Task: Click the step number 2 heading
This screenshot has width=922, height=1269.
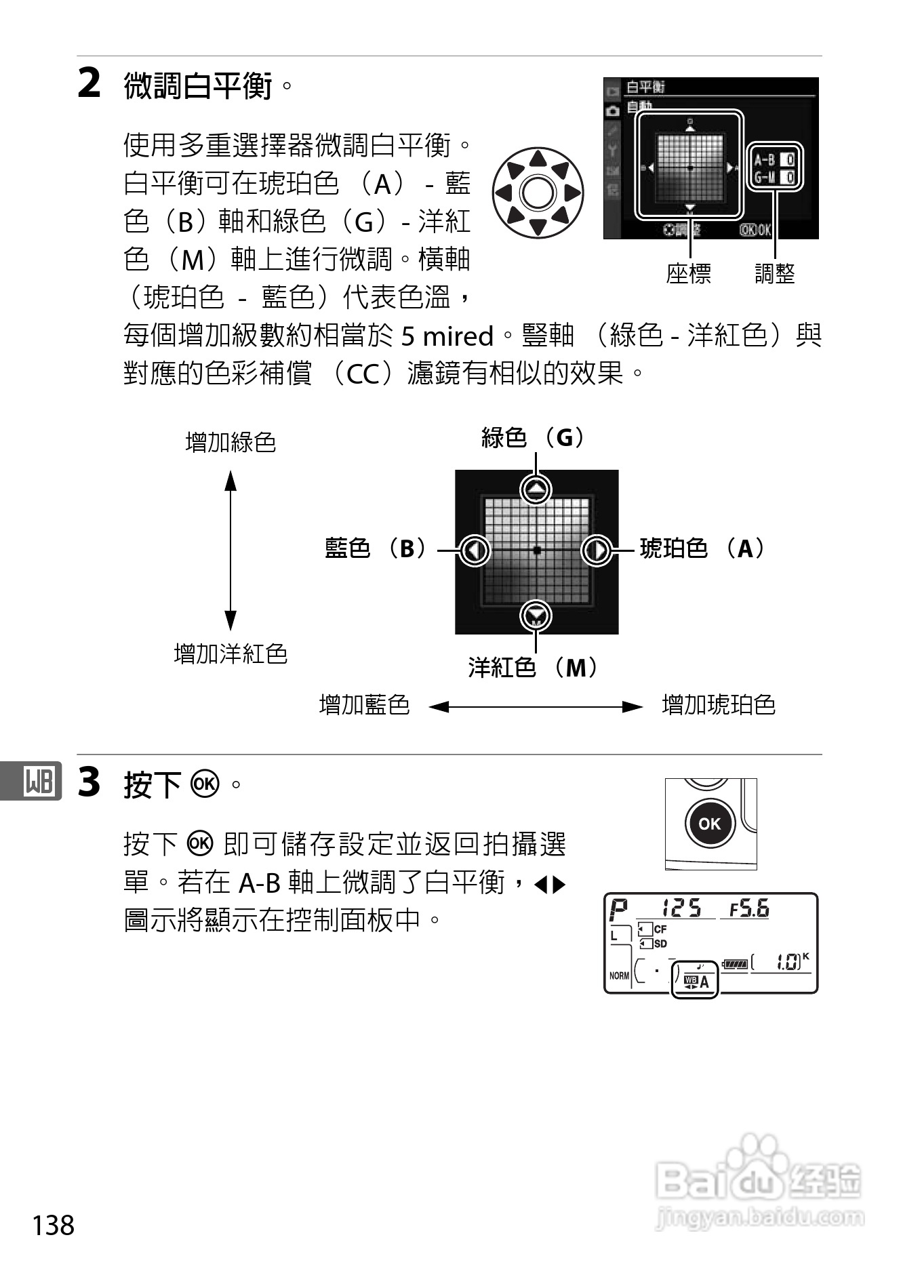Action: click(x=89, y=84)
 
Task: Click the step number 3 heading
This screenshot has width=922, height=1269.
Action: click(x=89, y=782)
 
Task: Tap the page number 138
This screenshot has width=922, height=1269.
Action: click(x=54, y=1225)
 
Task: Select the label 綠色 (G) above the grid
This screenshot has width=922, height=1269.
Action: click(x=534, y=437)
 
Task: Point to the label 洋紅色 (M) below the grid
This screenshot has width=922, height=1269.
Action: click(x=534, y=668)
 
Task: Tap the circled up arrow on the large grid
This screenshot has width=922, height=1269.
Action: click(x=536, y=489)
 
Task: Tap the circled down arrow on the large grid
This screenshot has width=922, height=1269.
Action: click(x=536, y=616)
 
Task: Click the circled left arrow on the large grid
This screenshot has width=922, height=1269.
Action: click(x=475, y=550)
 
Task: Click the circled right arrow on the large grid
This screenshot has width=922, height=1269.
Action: click(x=597, y=550)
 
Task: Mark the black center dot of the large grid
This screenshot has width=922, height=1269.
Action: click(x=536, y=550)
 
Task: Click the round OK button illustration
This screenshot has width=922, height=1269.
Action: click(x=709, y=824)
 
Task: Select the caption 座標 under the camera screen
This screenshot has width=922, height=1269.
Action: click(x=688, y=273)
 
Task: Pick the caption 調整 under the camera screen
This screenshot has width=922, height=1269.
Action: click(x=774, y=273)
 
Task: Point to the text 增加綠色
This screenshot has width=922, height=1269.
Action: click(x=230, y=442)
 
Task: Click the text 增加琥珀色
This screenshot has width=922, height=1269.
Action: click(x=718, y=705)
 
